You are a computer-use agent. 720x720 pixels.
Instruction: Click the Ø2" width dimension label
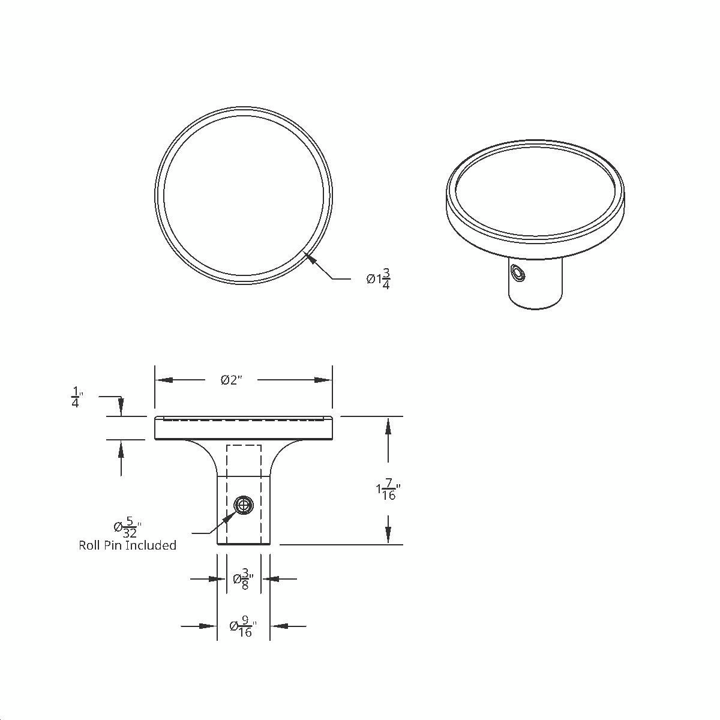(231, 380)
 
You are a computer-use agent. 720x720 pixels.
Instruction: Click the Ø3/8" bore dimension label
(244, 580)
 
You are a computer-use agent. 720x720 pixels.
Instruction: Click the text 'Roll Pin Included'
(128, 545)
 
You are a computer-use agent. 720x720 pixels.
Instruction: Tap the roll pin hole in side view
(243, 505)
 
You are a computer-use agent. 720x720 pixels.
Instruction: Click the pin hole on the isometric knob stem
(517, 274)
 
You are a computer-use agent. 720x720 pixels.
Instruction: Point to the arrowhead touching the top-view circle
(310, 258)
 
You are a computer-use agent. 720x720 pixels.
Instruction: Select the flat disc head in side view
(244, 428)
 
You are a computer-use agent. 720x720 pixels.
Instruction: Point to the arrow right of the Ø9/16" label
(280, 626)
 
